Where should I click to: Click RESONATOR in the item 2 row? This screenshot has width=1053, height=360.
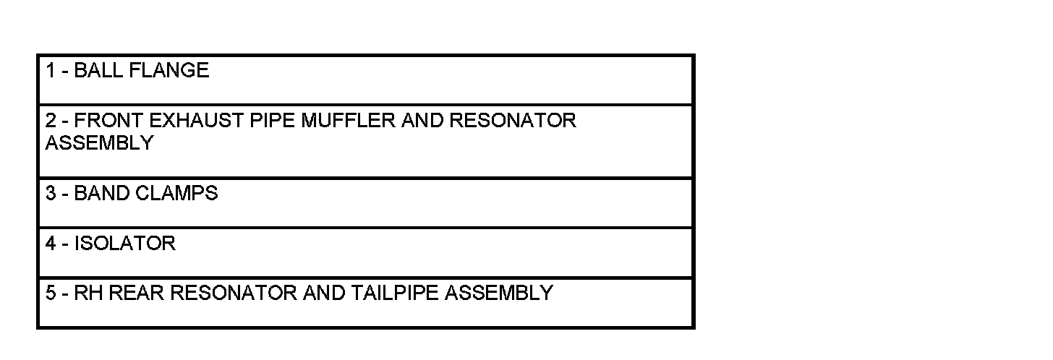click(513, 120)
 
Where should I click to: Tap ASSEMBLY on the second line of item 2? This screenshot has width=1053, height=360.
click(99, 143)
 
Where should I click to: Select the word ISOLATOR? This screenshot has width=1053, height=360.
click(124, 244)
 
